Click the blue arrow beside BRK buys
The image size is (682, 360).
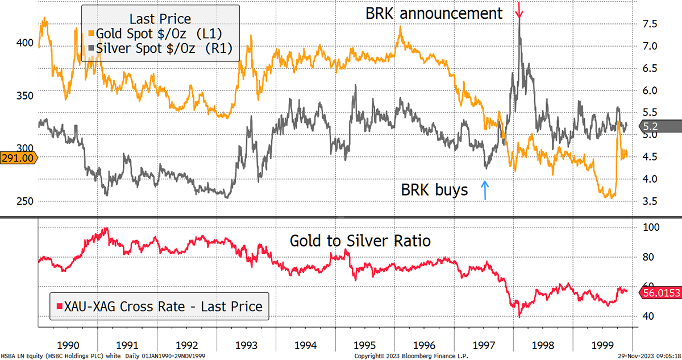tap(485, 190)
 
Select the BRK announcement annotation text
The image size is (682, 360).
tap(434, 13)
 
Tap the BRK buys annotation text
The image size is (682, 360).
tap(435, 190)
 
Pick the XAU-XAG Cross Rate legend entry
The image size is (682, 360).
tap(159, 307)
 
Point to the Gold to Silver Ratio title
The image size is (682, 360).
tap(360, 241)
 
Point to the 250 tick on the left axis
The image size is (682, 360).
tap(24, 201)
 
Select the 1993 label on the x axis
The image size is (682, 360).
tap(246, 345)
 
